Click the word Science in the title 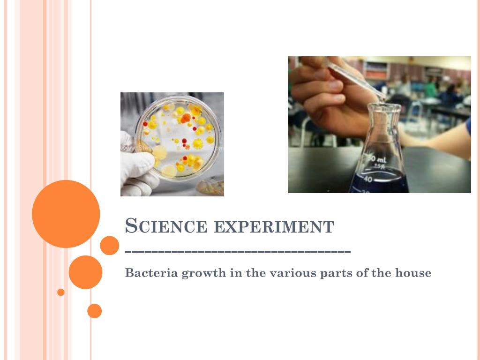click(166, 226)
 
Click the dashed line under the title click(238, 252)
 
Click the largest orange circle click(66, 214)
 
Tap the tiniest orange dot click(61, 292)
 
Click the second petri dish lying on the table click(210, 187)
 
